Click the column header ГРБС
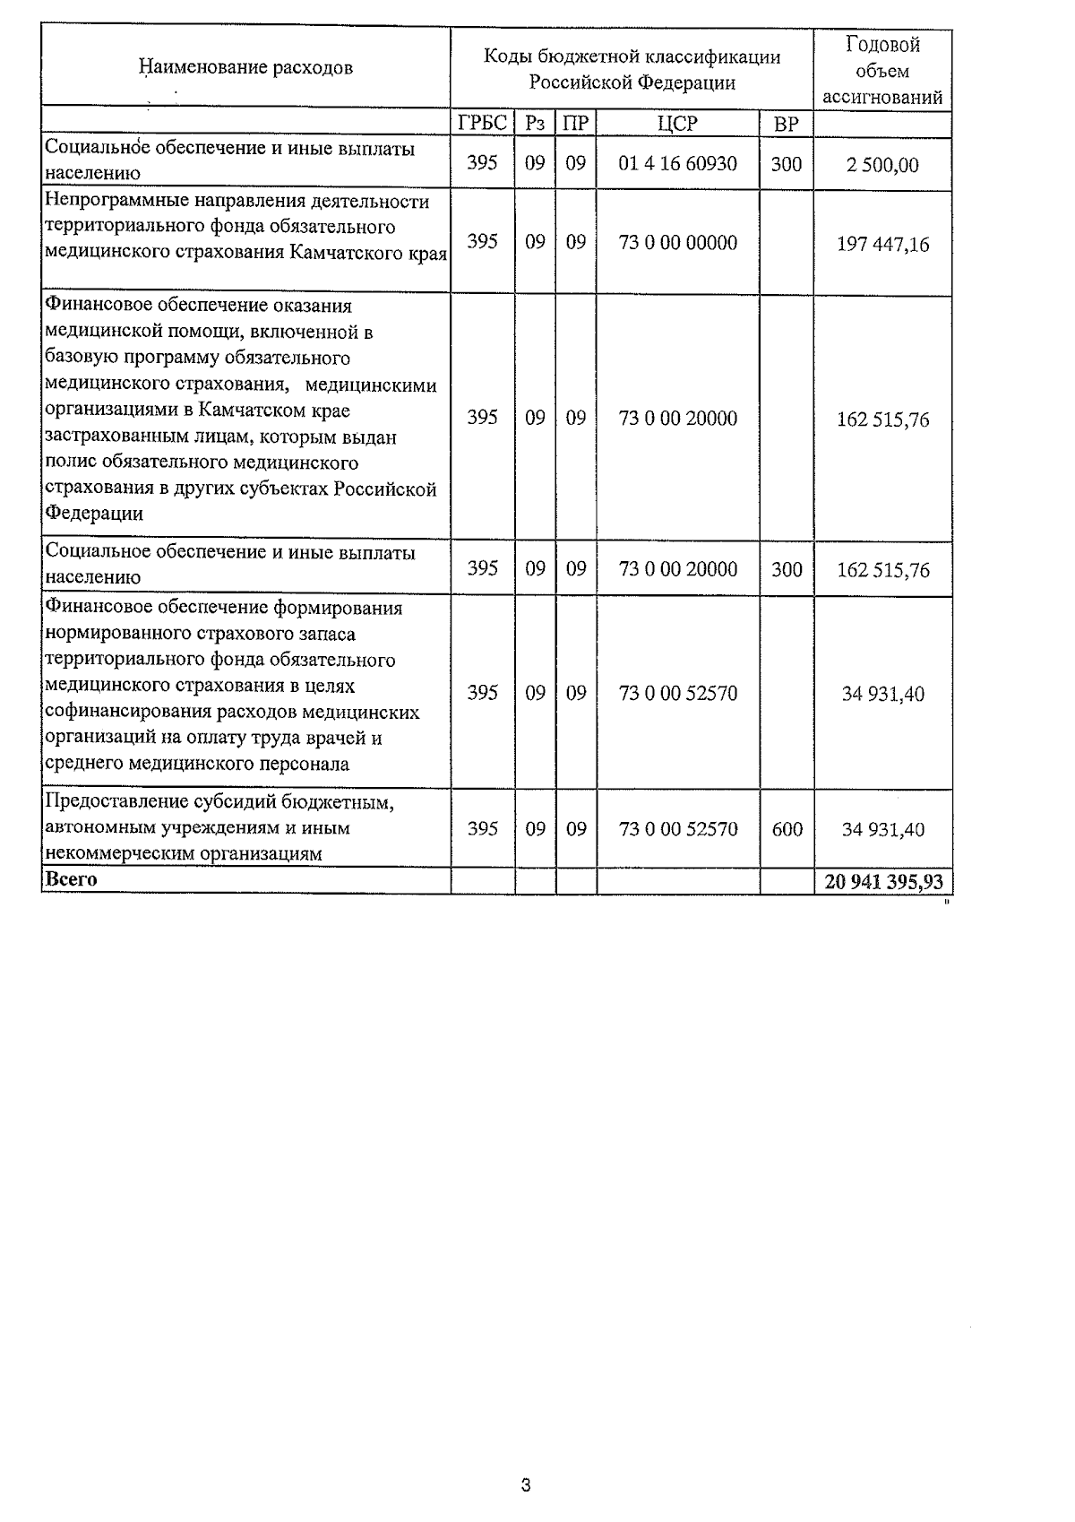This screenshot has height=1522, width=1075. (x=482, y=124)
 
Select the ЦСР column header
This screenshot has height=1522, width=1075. (x=677, y=124)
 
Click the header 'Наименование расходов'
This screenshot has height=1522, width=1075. (x=245, y=67)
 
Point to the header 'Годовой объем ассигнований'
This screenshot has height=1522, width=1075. (x=882, y=71)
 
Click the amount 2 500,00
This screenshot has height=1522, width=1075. (x=882, y=165)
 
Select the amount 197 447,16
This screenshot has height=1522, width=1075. (x=882, y=243)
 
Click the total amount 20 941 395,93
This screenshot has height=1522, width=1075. (x=883, y=882)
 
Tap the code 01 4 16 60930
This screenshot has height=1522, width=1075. (x=677, y=164)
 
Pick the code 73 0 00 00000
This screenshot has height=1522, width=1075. (x=677, y=242)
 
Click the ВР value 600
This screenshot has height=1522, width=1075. (x=787, y=829)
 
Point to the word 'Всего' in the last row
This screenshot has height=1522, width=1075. (x=71, y=879)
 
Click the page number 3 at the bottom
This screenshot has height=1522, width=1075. (x=526, y=1485)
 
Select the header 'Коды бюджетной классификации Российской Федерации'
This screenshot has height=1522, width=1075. (x=632, y=70)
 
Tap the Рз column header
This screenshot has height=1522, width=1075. (x=535, y=124)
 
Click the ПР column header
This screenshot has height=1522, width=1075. (x=576, y=124)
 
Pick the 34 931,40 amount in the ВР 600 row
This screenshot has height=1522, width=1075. (x=882, y=829)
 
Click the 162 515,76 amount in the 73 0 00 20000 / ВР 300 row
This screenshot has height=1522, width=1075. (x=882, y=570)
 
